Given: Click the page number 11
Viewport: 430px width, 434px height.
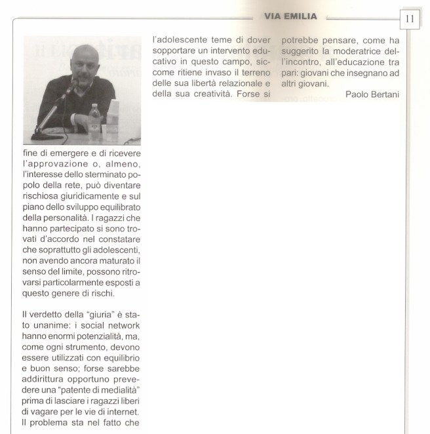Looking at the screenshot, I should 410,18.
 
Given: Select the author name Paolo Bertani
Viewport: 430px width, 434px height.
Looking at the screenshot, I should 372,94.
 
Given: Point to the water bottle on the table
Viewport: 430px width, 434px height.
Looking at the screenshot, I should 95,118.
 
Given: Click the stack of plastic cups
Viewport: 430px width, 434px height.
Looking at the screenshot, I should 113,114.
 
